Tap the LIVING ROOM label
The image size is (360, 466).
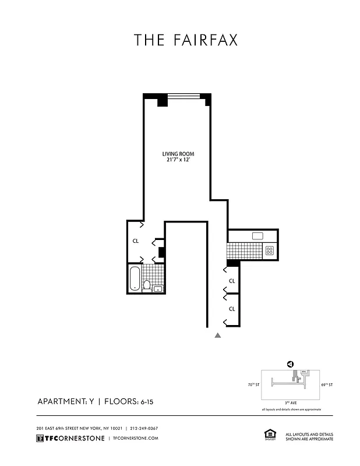(x=178, y=154)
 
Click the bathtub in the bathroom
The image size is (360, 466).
(x=135, y=278)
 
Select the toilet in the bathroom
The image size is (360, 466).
(x=148, y=285)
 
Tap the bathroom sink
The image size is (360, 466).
(x=157, y=288)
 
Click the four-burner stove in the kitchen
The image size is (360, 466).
(x=270, y=250)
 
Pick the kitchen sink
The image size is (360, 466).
(x=258, y=236)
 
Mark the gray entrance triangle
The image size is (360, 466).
(x=218, y=336)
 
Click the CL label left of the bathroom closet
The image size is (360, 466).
(x=135, y=241)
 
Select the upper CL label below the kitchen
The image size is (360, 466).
(x=232, y=281)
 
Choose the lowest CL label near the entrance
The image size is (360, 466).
(x=232, y=309)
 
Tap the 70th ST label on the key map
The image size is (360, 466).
(x=253, y=384)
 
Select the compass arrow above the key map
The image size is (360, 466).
(x=290, y=365)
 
